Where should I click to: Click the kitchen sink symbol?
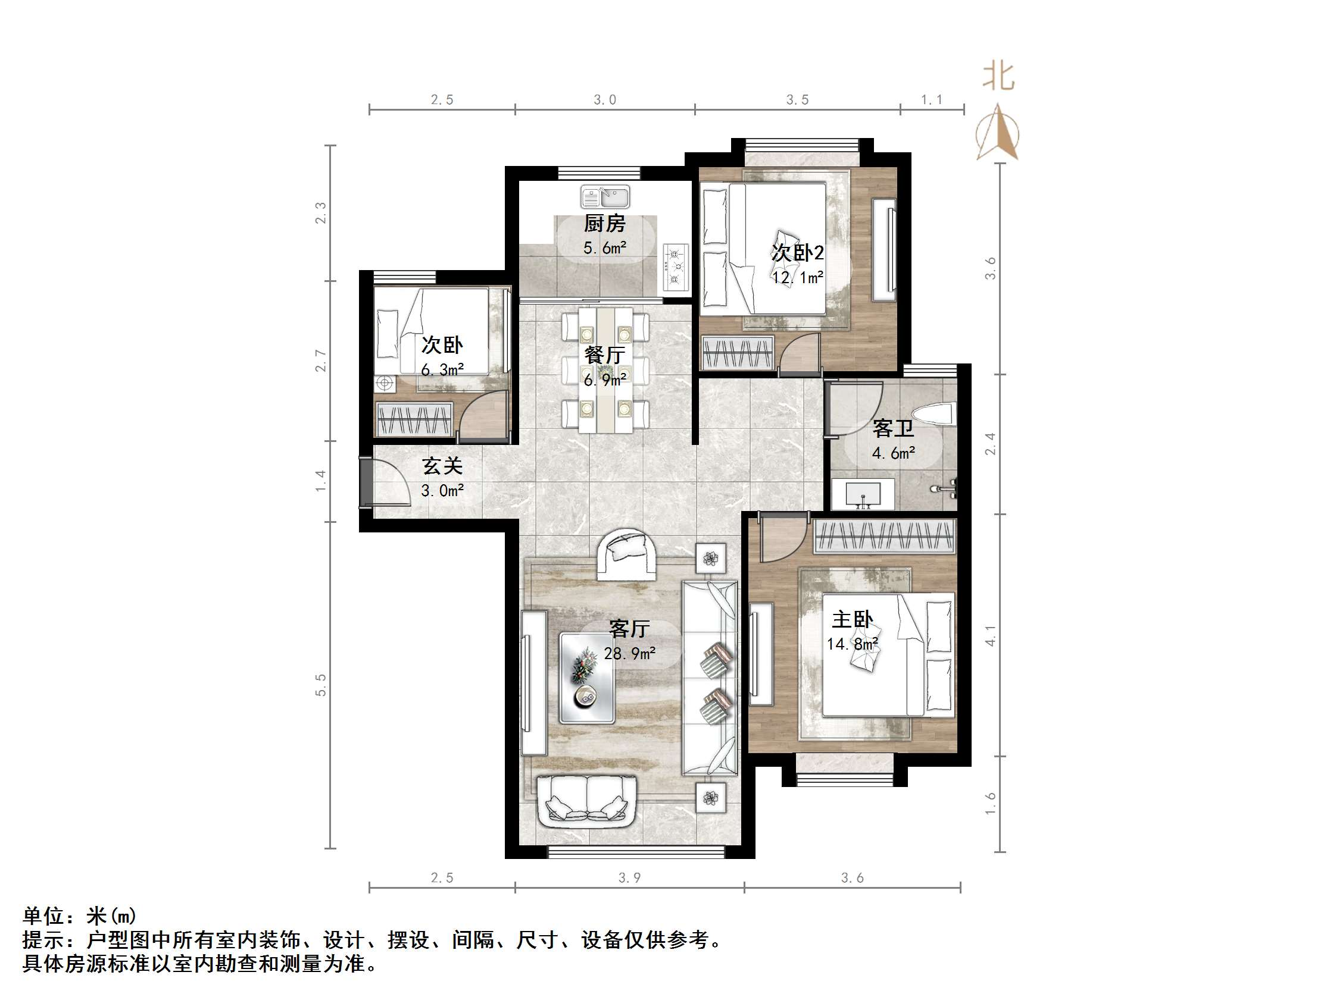click(x=605, y=196)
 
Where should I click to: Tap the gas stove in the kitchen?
click(x=676, y=266)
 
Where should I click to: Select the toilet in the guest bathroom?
click(x=933, y=414)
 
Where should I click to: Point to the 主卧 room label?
click(x=851, y=619)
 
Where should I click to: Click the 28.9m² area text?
click(x=629, y=653)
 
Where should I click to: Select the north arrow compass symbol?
click(x=998, y=133)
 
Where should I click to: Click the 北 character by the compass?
click(x=998, y=77)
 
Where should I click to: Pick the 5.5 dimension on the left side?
click(x=320, y=685)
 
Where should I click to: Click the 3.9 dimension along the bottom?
click(x=629, y=878)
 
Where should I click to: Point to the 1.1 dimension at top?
click(x=932, y=100)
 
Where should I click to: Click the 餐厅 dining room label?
click(x=605, y=355)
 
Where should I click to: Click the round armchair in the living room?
click(x=626, y=554)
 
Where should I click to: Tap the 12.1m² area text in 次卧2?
click(x=797, y=277)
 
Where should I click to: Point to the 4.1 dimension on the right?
click(x=990, y=635)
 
